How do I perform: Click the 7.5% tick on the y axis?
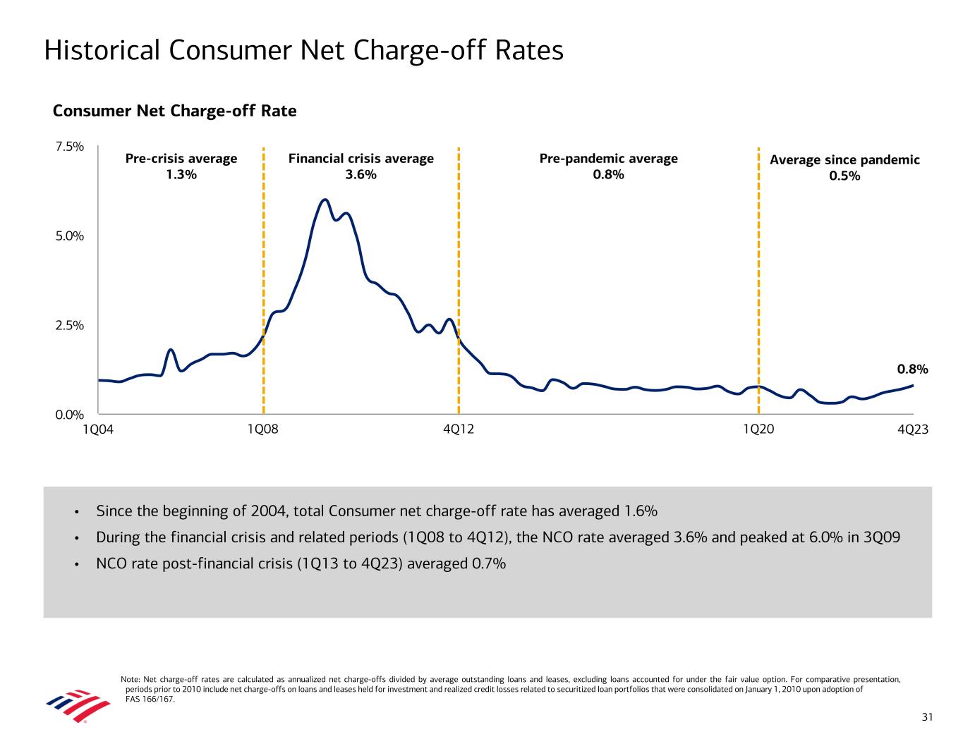click(x=70, y=147)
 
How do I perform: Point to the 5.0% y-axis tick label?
click(x=70, y=236)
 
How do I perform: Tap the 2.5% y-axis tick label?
click(x=70, y=326)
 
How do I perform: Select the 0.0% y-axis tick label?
click(x=70, y=415)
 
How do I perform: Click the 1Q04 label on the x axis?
click(x=98, y=429)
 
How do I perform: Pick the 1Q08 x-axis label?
click(x=263, y=429)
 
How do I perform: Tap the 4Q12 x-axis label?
click(x=459, y=429)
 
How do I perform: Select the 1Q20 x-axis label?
click(x=758, y=429)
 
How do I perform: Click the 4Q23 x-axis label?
click(x=913, y=429)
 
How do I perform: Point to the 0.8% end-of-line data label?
click(x=912, y=369)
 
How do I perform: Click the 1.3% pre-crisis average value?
click(x=181, y=175)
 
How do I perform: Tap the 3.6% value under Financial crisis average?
click(x=361, y=175)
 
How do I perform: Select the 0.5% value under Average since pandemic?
click(x=844, y=176)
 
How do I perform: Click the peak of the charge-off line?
click(x=325, y=200)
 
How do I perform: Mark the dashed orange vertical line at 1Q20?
click(x=758, y=282)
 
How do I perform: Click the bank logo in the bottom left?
click(x=78, y=705)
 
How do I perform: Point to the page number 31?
click(x=927, y=717)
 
